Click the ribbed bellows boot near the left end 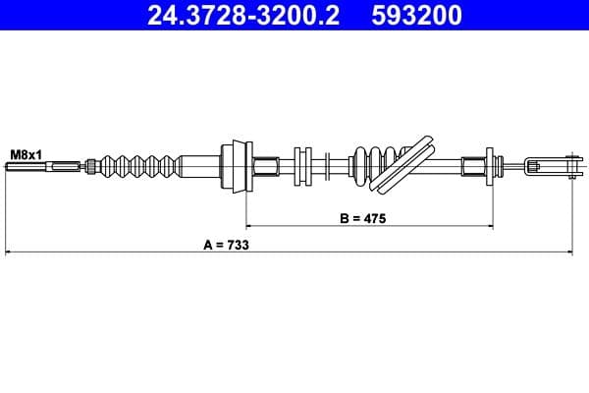tap(135, 165)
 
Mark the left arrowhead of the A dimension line tap(10, 253)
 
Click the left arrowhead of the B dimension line tap(249, 226)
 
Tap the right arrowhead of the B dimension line tap(487, 226)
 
